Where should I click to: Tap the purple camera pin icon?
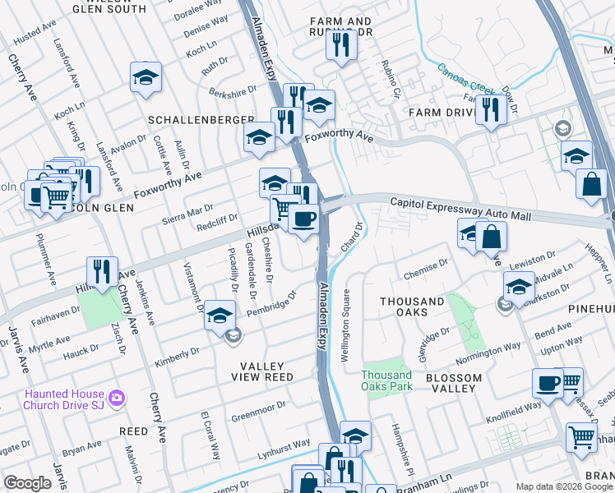(x=117, y=399)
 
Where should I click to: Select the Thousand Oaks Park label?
(x=386, y=380)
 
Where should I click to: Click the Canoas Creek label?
(x=465, y=78)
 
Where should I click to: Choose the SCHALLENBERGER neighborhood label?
(x=201, y=120)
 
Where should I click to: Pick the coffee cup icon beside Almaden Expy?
(x=303, y=219)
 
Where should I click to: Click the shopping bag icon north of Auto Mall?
(x=591, y=183)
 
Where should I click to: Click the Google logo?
(x=28, y=482)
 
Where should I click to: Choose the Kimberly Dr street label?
(x=178, y=357)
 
